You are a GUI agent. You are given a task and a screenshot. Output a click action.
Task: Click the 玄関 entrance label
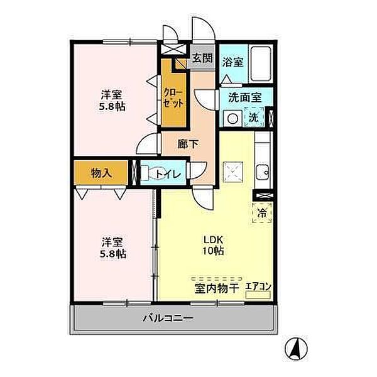pyautogui.click(x=203, y=58)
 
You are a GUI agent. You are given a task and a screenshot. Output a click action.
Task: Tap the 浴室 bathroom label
pyautogui.click(x=232, y=62)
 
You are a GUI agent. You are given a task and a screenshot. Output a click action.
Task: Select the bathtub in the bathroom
pyautogui.click(x=261, y=63)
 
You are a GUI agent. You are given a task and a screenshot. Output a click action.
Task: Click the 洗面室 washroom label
pyautogui.click(x=245, y=97)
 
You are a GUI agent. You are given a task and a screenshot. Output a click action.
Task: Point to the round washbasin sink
pyautogui.click(x=232, y=119)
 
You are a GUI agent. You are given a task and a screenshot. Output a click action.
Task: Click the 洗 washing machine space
pyautogui.click(x=254, y=117)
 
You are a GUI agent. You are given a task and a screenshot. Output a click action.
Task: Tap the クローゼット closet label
pyautogui.click(x=173, y=98)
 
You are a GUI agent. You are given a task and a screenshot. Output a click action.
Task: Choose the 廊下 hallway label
pyautogui.click(x=188, y=144)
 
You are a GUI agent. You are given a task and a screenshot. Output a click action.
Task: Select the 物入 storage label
pyautogui.click(x=101, y=173)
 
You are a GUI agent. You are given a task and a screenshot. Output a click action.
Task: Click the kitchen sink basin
pyautogui.click(x=262, y=172)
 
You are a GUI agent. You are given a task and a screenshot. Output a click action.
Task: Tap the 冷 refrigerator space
pyautogui.click(x=262, y=213)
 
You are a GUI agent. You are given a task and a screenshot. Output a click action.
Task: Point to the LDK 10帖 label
pyautogui.click(x=214, y=245)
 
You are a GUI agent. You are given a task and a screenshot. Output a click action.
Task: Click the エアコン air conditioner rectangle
pyautogui.click(x=258, y=295)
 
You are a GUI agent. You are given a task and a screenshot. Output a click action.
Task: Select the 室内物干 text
pyautogui.click(x=216, y=288)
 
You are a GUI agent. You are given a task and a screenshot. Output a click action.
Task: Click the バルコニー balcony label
pyautogui.click(x=168, y=319)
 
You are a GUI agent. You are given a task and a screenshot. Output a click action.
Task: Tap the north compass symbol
pyautogui.click(x=296, y=348)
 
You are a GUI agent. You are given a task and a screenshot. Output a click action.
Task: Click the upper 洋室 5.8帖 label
pyautogui.click(x=112, y=101)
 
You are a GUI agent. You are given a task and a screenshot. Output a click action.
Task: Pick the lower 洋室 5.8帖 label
pyautogui.click(x=112, y=248)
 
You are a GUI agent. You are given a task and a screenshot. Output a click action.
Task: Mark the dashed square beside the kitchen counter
pyautogui.click(x=232, y=172)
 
